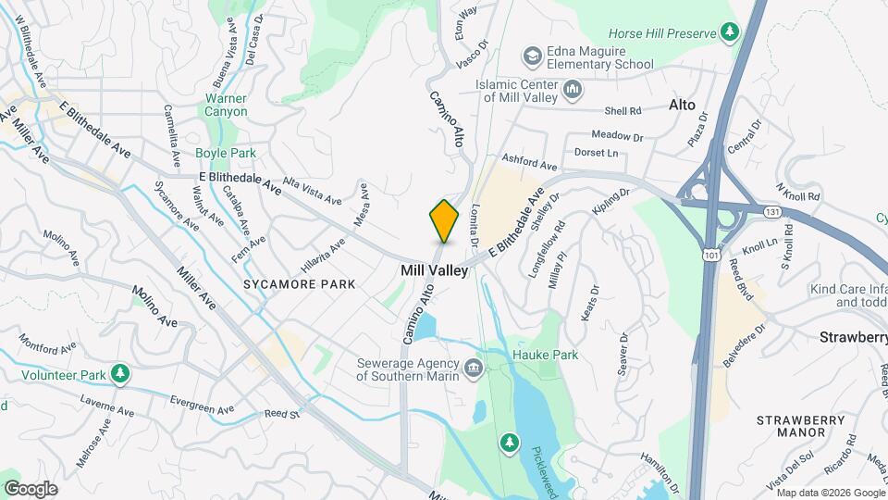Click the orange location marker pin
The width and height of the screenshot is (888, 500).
[x=444, y=220]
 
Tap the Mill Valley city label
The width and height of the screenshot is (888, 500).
[x=434, y=270]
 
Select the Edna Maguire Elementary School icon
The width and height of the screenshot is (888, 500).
[x=533, y=57]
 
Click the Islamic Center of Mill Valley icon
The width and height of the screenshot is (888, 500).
[x=573, y=91]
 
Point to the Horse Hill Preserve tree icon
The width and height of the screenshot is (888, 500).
[x=731, y=33]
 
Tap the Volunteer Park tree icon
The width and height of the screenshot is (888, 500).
[x=119, y=373]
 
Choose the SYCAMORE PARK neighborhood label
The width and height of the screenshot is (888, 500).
[x=299, y=284]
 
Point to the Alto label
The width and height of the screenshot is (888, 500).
[x=682, y=106]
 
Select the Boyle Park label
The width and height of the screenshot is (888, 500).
[x=226, y=153]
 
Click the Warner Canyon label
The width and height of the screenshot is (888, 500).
[x=226, y=105]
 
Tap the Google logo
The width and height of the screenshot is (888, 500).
[x=31, y=488]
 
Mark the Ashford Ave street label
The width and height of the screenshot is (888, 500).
[x=529, y=162]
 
